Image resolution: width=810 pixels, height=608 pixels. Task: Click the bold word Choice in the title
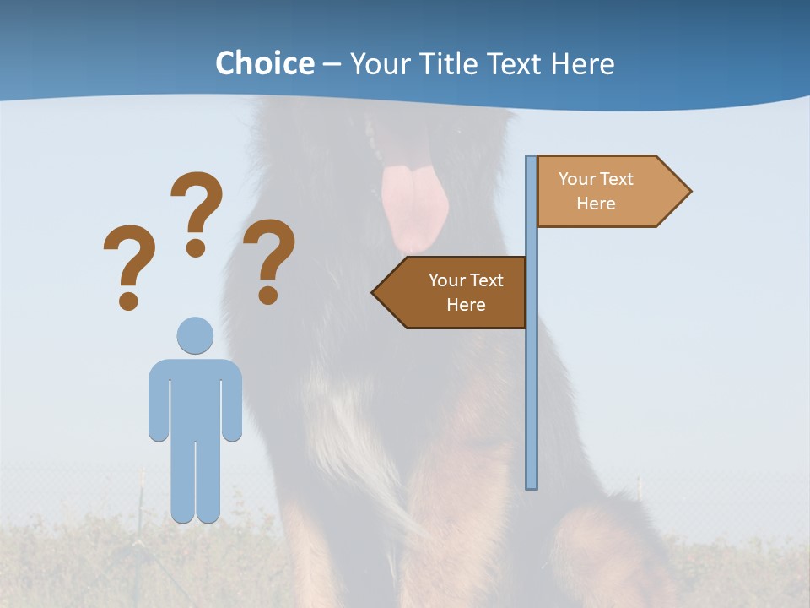tap(264, 63)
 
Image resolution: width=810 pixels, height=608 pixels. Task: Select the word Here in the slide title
tap(582, 63)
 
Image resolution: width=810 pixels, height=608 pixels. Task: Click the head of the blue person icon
tap(195, 334)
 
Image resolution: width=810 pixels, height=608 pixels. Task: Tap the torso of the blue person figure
tap(195, 397)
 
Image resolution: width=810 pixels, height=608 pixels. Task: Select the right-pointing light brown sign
tap(603, 192)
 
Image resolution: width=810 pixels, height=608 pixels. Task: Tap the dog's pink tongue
tap(413, 207)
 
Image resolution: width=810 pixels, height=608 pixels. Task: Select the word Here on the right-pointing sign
tap(596, 204)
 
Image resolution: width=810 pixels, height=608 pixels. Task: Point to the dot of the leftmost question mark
tap(128, 300)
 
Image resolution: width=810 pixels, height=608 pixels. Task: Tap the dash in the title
tap(332, 65)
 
